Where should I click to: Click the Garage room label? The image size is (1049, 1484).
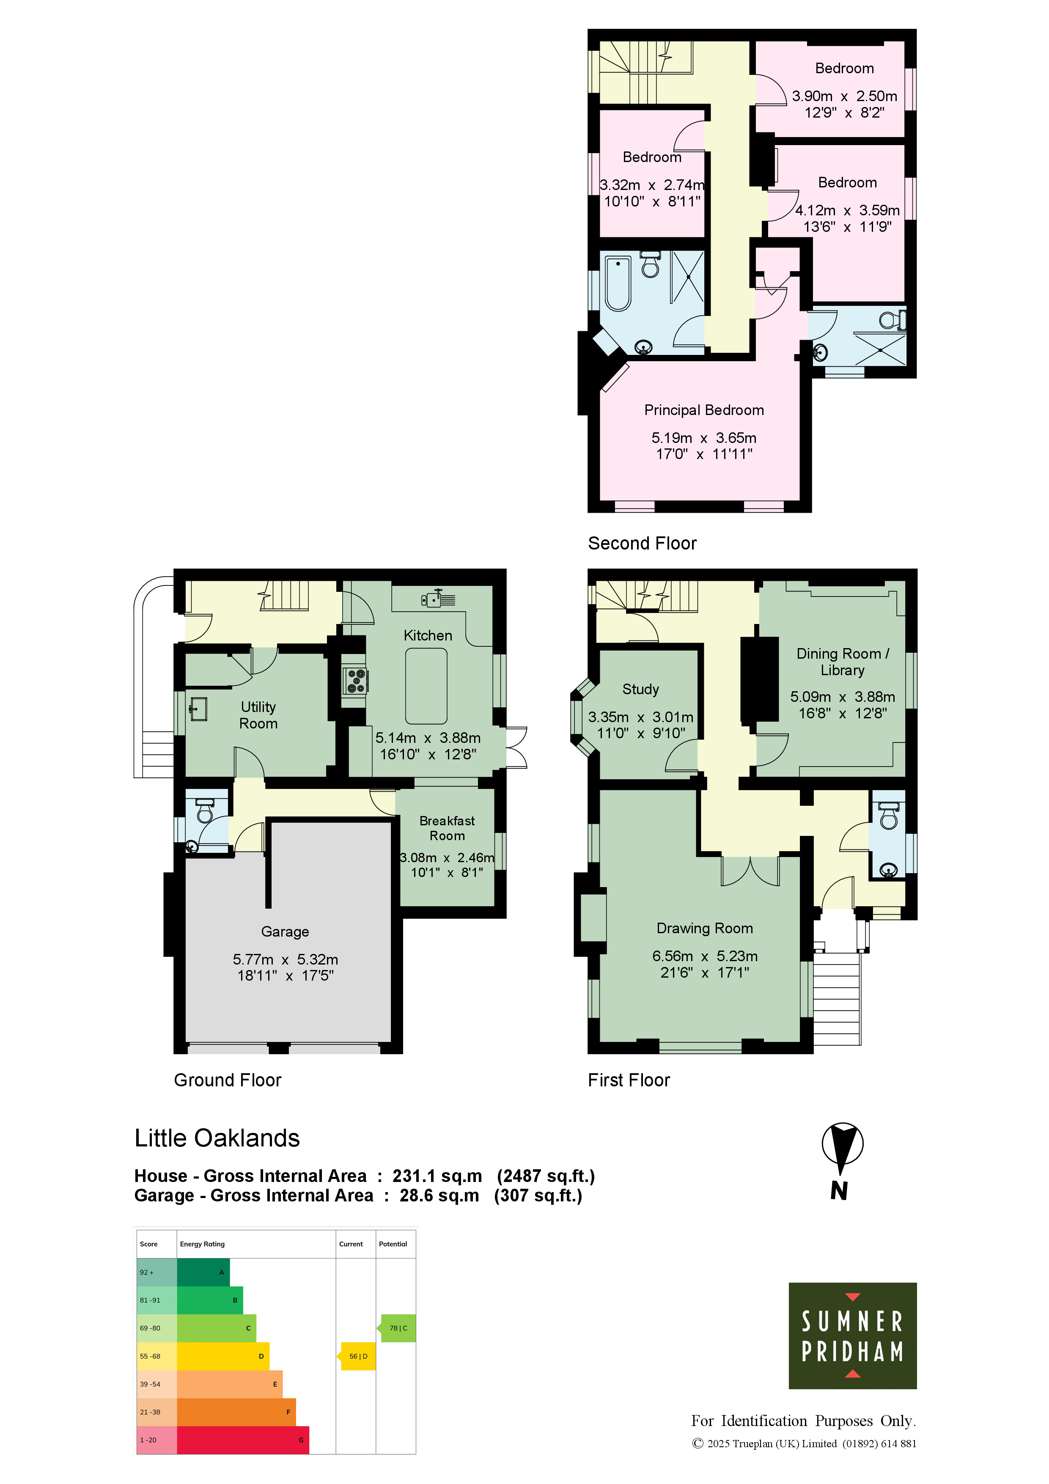285,932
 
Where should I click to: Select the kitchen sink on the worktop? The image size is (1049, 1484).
438,599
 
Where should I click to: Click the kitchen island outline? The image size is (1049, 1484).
426,685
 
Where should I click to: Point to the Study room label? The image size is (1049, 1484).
640,689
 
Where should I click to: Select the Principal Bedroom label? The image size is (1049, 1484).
704,410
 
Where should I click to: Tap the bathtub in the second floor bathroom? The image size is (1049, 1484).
618,283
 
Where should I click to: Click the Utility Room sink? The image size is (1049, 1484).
198,709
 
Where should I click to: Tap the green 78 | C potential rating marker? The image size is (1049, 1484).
397,1328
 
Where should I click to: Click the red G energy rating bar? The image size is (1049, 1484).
242,1440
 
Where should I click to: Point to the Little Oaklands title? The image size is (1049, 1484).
217,1138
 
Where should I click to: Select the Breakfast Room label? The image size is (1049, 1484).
447,828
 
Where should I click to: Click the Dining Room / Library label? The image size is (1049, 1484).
843,662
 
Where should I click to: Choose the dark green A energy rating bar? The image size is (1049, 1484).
203,1272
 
